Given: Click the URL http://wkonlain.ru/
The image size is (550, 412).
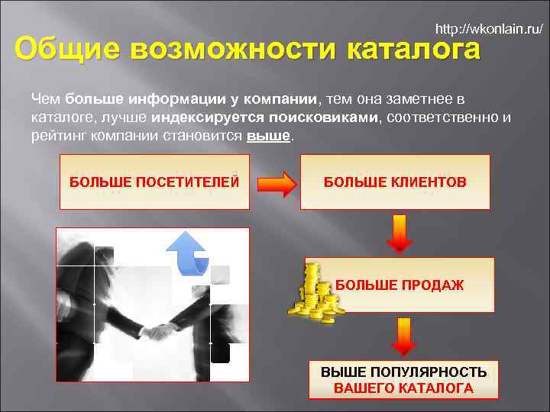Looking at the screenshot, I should click(489, 30).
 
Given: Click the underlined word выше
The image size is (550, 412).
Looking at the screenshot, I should click(270, 136).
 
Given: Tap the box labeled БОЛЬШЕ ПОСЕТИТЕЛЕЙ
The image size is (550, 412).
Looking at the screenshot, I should click(154, 182).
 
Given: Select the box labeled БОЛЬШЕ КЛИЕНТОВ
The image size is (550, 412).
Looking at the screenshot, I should click(395, 182).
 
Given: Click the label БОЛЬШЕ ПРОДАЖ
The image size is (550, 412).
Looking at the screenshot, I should click(400, 285).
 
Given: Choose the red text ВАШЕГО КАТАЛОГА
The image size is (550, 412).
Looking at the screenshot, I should click(403, 388).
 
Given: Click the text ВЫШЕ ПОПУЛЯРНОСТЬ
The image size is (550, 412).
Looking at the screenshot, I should click(403, 372).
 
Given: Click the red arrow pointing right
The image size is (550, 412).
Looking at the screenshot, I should click(275, 183).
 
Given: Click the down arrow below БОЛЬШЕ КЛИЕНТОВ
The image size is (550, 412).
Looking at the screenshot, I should click(400, 233).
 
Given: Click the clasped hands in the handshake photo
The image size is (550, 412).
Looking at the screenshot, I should click(160, 331).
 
